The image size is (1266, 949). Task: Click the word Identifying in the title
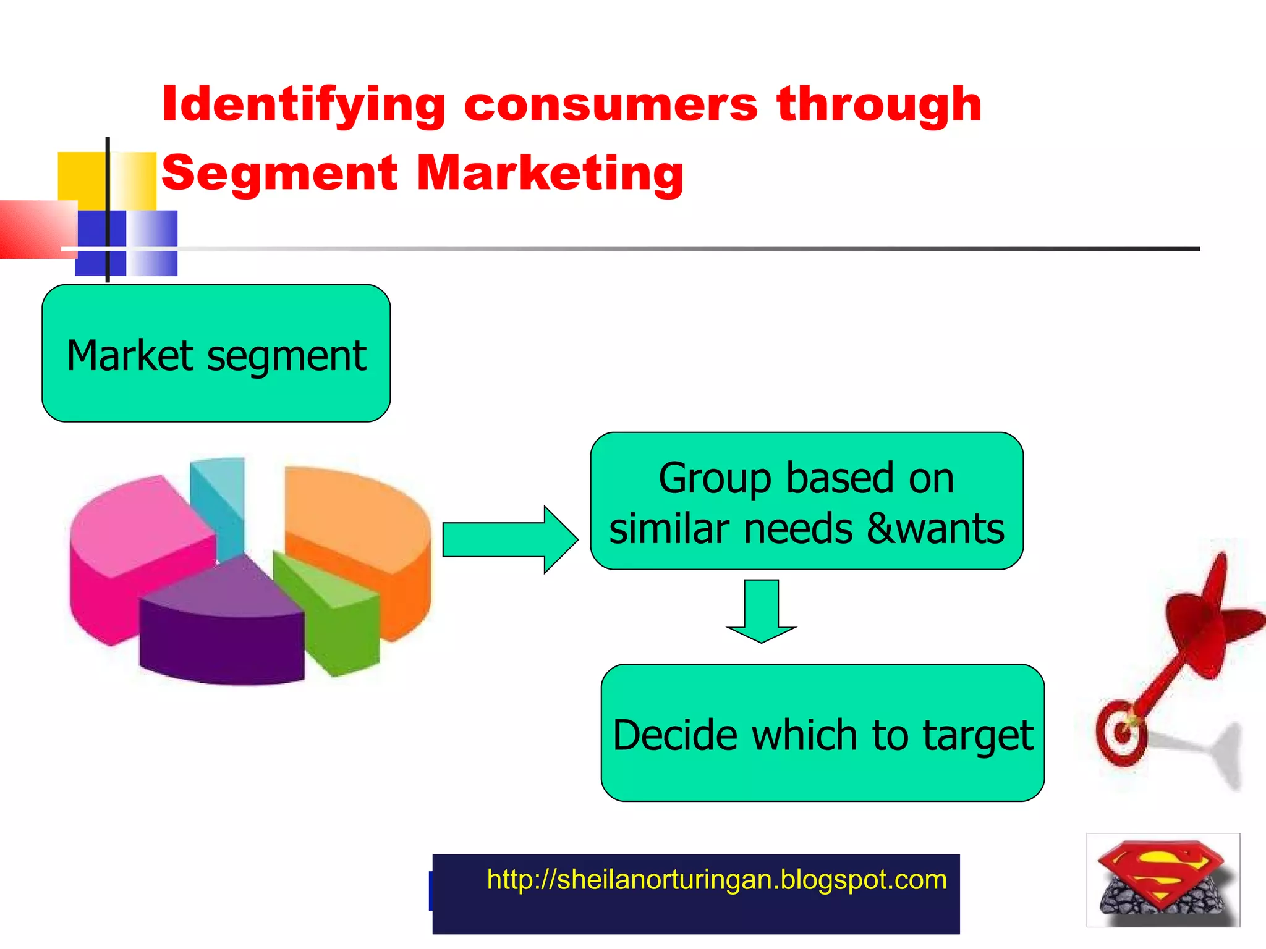coord(303,105)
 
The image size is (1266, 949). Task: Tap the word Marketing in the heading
coord(550,173)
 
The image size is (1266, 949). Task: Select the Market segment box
coord(216,354)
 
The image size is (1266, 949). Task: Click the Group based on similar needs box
coord(806,501)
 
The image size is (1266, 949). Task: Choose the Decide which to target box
coord(822,733)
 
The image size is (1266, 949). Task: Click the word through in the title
coord(879,105)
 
